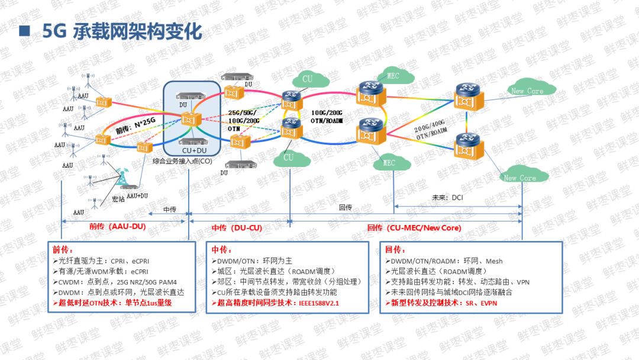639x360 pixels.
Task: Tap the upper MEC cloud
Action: pos(393,76)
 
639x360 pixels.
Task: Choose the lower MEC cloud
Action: pos(389,162)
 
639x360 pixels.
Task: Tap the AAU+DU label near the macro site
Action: pos(137,195)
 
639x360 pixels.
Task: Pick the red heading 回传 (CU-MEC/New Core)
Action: pos(414,227)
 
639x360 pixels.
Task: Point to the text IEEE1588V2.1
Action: pos(322,303)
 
